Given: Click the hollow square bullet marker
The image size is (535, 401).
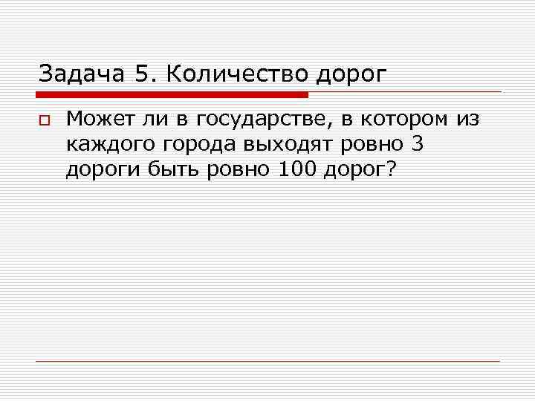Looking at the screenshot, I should tap(43, 120).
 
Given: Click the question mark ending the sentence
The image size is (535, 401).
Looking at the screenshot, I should tap(392, 170).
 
